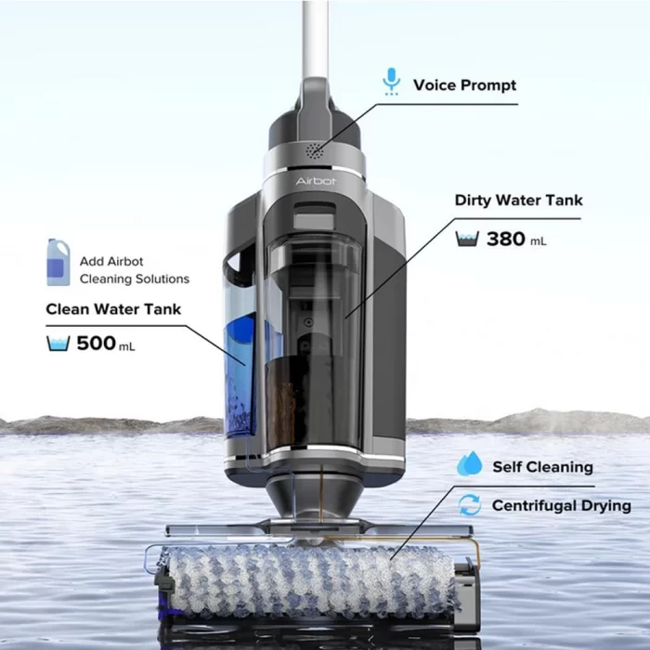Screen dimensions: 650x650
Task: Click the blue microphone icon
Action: point(391,82)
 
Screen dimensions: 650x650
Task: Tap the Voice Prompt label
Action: point(464,85)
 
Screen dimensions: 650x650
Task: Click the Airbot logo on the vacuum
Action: point(316,181)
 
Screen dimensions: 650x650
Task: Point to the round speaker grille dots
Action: point(315,151)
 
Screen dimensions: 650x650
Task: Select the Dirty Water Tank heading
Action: point(518,201)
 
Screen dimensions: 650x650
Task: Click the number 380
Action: point(506,239)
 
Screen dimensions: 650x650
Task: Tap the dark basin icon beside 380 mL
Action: point(467,239)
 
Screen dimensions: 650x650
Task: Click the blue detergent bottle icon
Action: point(58,262)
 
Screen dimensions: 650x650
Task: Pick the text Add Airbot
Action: point(111,262)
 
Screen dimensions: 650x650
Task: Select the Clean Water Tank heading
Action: point(113,309)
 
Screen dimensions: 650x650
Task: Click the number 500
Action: point(97,344)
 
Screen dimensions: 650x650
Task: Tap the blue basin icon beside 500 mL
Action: point(58,344)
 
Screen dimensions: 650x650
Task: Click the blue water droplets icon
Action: point(470,463)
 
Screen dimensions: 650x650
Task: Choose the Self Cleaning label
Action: point(542,467)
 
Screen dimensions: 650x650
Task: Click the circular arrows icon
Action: point(470,505)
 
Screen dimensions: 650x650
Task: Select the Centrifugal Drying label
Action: point(561,506)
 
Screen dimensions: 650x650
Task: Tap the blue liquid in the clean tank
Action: point(240,373)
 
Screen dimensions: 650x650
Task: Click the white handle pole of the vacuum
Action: point(315,39)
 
